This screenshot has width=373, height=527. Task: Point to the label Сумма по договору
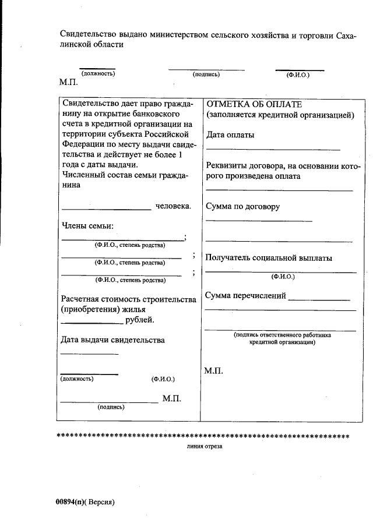242,207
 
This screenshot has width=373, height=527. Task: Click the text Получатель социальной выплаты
269,258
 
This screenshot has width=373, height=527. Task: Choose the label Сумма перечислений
245,296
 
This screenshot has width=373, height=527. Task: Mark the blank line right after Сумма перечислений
319,299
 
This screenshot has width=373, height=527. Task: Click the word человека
173,206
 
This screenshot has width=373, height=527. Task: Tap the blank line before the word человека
106,209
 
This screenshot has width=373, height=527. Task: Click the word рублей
140,320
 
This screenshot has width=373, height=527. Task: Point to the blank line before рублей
92,323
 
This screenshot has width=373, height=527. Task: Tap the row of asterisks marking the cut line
202,436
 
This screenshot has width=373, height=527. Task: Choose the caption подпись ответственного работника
282,335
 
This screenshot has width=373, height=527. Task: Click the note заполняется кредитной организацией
280,115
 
